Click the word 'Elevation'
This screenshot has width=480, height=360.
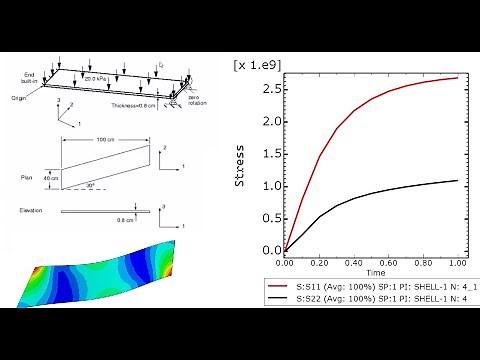click(34, 211)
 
